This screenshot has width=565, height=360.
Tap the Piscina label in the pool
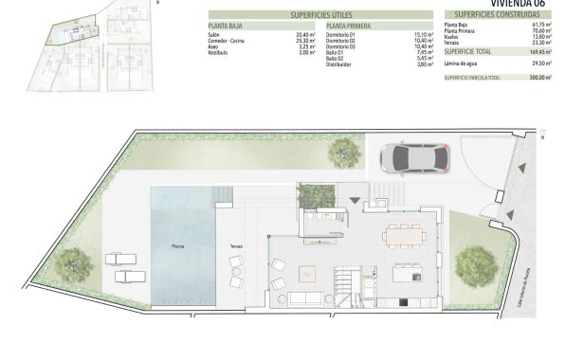[178, 246]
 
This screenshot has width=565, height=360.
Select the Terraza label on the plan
[236, 246]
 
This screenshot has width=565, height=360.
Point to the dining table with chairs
[404, 235]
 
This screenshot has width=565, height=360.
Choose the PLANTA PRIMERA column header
[347, 27]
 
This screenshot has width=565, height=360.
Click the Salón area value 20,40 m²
[305, 35]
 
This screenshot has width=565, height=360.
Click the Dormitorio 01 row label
[340, 35]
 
